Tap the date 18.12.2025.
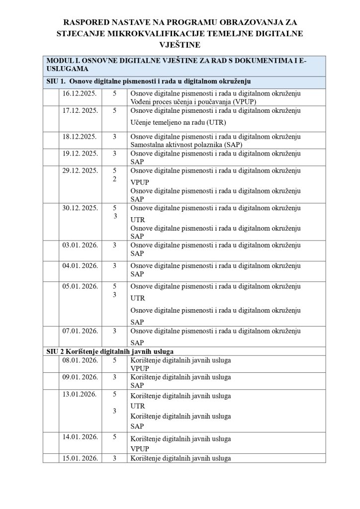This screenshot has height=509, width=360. pos(79,136)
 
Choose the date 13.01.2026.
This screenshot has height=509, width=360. pos(79,394)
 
